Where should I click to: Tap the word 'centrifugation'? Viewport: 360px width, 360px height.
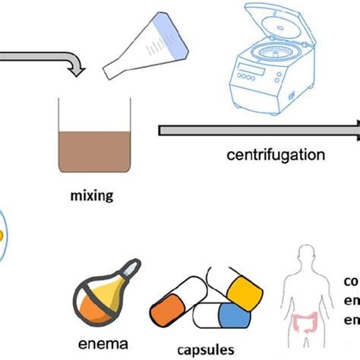point(276,156)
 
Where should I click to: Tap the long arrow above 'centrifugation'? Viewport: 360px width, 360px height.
point(258,131)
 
